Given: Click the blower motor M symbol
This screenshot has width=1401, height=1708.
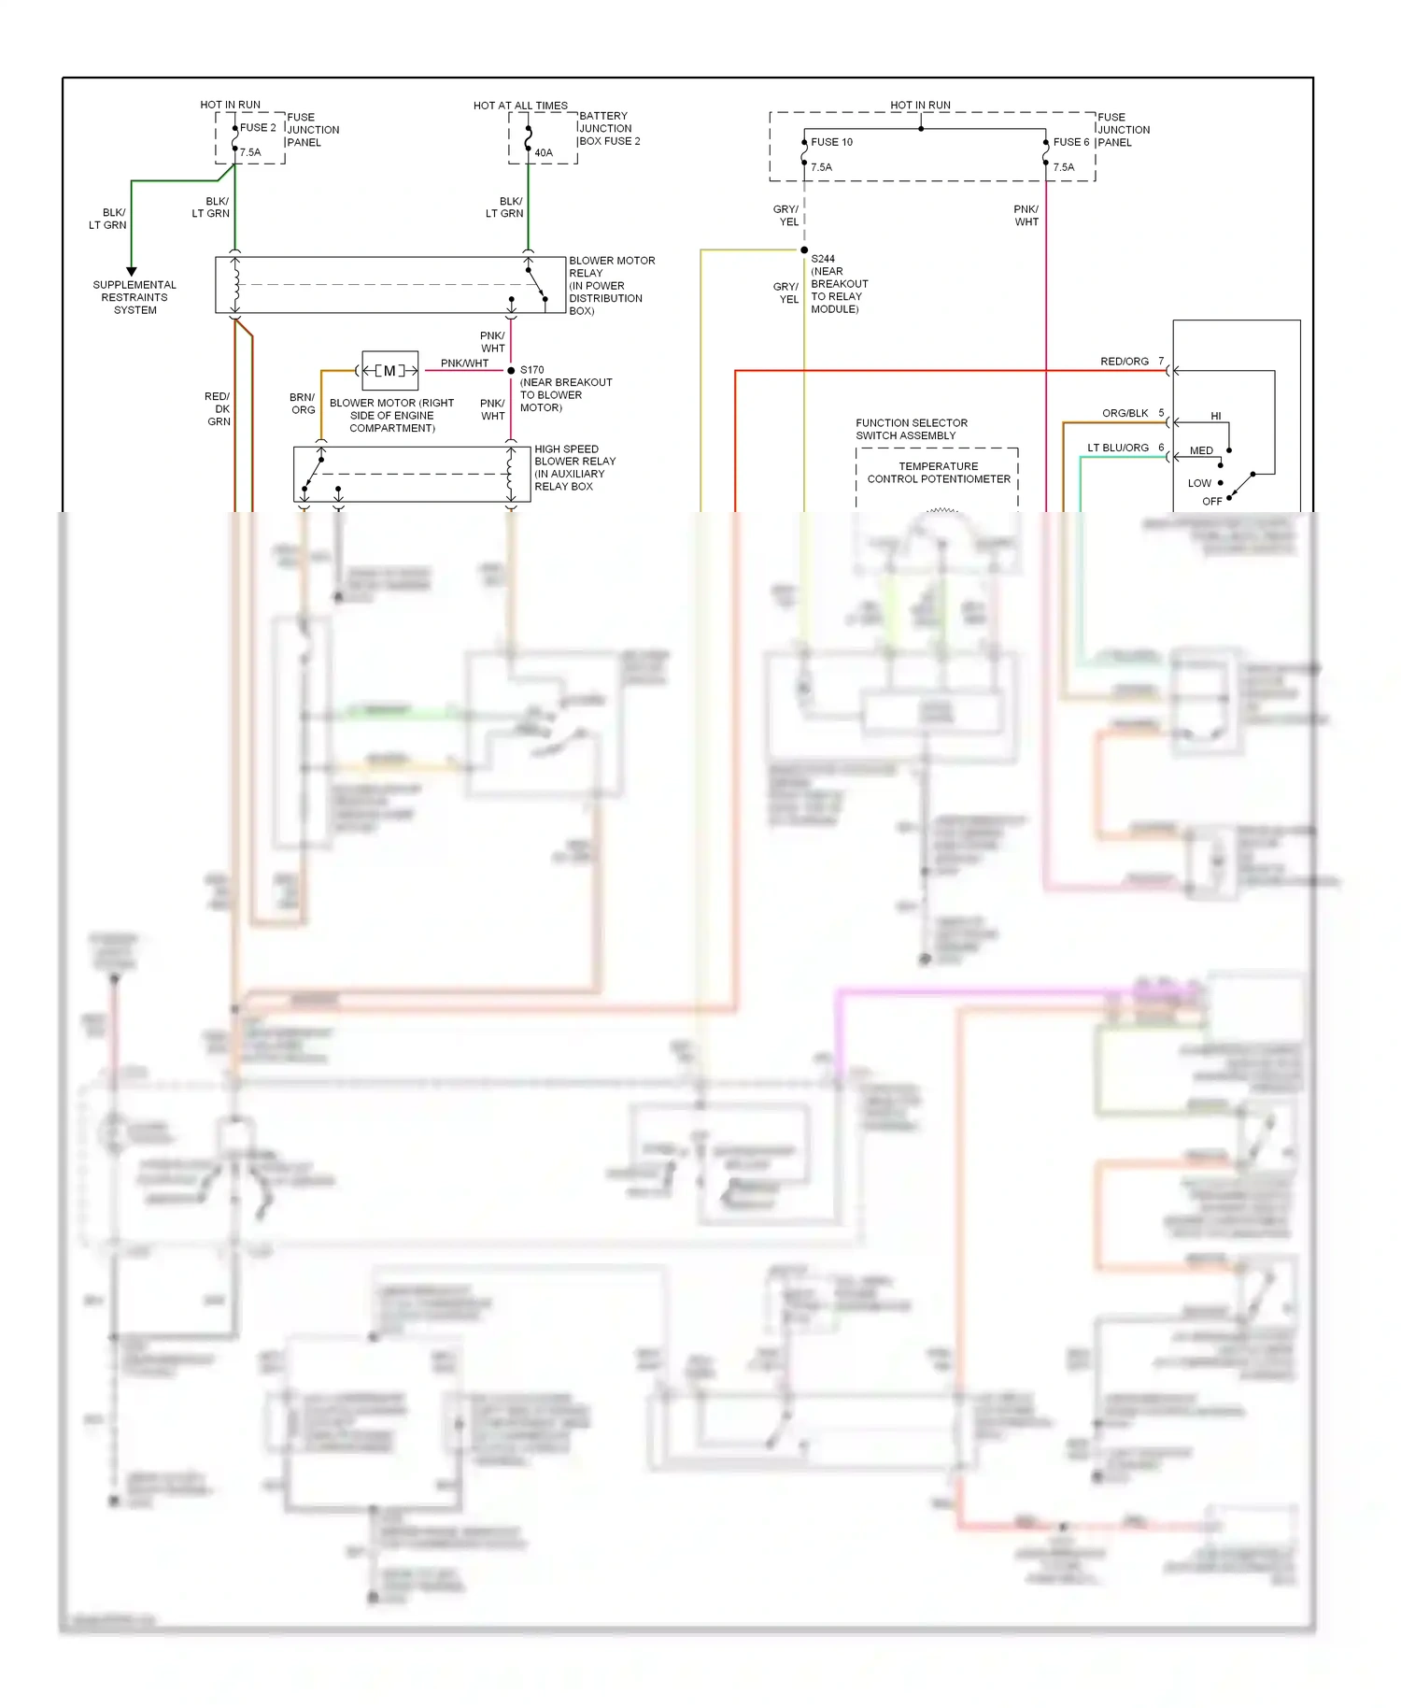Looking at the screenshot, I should (x=389, y=371).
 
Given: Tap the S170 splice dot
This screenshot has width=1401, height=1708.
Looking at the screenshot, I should (x=511, y=371).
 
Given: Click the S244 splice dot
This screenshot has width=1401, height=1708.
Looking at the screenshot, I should (x=804, y=250).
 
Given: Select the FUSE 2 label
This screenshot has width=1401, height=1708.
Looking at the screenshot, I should (x=258, y=128).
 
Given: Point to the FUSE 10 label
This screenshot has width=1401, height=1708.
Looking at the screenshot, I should (x=831, y=142).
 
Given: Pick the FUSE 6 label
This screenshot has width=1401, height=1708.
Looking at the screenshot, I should (x=1071, y=142).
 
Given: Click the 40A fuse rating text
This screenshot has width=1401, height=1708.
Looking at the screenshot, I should (x=544, y=153).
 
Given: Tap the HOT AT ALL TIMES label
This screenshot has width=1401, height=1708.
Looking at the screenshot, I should (x=520, y=106).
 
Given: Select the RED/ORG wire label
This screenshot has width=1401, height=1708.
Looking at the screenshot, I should (x=1125, y=362).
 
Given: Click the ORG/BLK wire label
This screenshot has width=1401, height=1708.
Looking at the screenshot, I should (x=1125, y=413).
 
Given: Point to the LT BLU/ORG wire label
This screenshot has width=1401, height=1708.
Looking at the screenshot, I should (x=1118, y=448).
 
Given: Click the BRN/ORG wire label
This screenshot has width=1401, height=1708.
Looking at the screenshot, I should (x=303, y=404).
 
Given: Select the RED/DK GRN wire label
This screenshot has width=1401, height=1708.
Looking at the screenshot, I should (x=219, y=409).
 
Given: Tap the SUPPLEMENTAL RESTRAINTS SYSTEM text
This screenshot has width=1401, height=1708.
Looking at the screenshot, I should (x=134, y=297).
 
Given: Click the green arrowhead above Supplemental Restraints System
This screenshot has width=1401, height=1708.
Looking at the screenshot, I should (x=132, y=271).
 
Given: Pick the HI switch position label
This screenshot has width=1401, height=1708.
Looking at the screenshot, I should (x=1216, y=416).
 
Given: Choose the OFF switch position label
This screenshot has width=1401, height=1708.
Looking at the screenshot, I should (x=1211, y=502).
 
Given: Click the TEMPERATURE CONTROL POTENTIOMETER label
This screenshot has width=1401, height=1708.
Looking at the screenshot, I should (x=939, y=473).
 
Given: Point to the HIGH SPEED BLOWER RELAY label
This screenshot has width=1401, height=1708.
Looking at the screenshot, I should (x=574, y=467).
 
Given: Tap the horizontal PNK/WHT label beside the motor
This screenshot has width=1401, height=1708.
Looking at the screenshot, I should (x=464, y=363).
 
